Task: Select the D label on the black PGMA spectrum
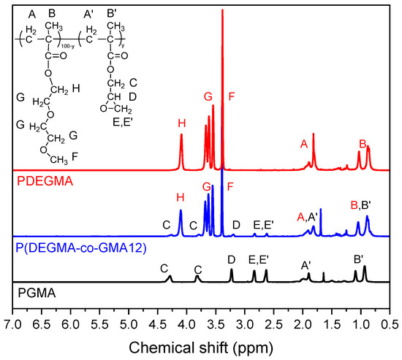click(x=231, y=258)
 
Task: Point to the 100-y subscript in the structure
click(x=64, y=46)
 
